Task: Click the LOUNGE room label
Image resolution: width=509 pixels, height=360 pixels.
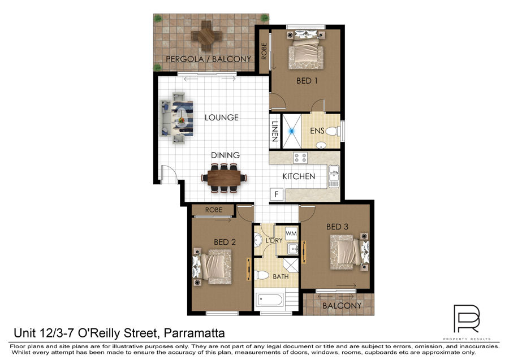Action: tap(221, 118)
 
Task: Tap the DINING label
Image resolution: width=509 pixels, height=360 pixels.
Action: tap(225, 155)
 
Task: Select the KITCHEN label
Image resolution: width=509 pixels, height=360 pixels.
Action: tap(299, 176)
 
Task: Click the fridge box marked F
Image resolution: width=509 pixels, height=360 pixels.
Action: tap(277, 194)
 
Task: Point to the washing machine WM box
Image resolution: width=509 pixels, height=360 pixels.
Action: tap(291, 233)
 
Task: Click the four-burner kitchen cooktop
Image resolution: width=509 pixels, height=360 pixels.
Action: tap(300, 158)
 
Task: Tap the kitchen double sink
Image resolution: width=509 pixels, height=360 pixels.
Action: tap(334, 176)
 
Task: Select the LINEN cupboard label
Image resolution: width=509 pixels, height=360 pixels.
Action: tap(275, 131)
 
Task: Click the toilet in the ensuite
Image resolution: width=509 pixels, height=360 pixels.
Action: tap(332, 131)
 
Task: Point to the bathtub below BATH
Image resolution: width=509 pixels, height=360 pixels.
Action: tap(270, 300)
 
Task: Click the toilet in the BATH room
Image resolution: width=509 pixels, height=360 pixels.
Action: tap(262, 275)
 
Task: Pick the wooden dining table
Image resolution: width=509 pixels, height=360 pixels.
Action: tap(224, 178)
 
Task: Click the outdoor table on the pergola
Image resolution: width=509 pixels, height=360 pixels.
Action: tap(206, 36)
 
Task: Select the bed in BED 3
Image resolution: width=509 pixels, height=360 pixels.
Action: tap(348, 252)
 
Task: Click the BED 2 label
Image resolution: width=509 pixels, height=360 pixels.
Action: tap(225, 242)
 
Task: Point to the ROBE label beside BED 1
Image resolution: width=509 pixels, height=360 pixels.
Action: tap(264, 51)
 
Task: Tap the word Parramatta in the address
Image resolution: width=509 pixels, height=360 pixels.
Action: tap(194, 333)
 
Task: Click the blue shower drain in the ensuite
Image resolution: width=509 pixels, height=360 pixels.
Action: tap(291, 131)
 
